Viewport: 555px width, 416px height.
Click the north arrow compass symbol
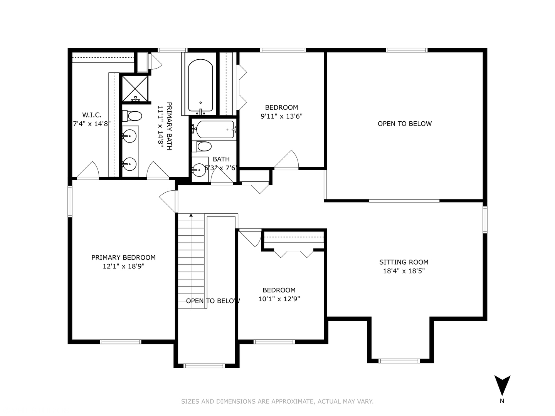(502, 386)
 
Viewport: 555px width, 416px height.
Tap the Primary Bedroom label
(123, 257)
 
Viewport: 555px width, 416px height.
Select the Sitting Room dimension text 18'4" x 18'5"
(404, 271)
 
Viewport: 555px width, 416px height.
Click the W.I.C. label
(92, 115)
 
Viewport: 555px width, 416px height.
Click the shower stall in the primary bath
(135, 89)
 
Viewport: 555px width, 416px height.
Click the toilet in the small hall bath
(204, 146)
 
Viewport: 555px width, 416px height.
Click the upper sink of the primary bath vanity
(129, 136)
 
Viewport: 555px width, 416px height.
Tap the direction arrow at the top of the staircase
(191, 216)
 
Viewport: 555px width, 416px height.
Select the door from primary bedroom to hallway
(169, 201)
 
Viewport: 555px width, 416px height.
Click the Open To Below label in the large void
(404, 124)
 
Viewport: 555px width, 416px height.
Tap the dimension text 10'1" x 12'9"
(279, 299)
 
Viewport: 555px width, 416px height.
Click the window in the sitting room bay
(399, 361)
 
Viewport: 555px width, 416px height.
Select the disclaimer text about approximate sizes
(277, 401)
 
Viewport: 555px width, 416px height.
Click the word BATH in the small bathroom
(221, 159)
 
